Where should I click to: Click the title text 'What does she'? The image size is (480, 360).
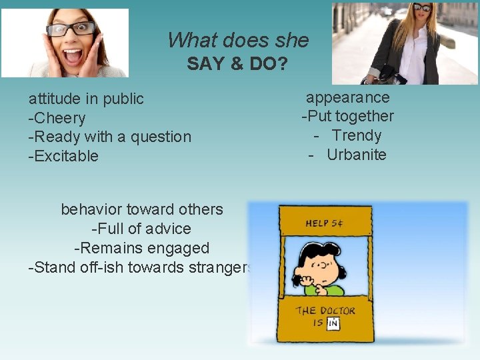[x=238, y=40]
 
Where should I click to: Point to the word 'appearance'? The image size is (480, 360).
[x=347, y=97]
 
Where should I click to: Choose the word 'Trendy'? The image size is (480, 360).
[x=357, y=135]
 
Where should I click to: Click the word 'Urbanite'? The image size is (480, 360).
[x=357, y=155]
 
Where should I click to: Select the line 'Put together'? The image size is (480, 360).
[x=350, y=116]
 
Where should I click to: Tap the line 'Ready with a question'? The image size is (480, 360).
[x=112, y=137]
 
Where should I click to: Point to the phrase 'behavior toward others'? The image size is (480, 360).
[x=142, y=209]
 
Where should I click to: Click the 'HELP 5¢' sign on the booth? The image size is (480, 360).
[x=326, y=223]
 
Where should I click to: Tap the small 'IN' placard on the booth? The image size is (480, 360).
[x=333, y=323]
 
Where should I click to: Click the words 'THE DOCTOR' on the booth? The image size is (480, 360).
[x=326, y=311]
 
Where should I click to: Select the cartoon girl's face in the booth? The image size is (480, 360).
[x=325, y=267]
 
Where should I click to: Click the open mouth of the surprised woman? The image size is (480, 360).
[x=73, y=55]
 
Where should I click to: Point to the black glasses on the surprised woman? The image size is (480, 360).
[x=71, y=29]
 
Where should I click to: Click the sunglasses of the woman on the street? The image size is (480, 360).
[x=422, y=8]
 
